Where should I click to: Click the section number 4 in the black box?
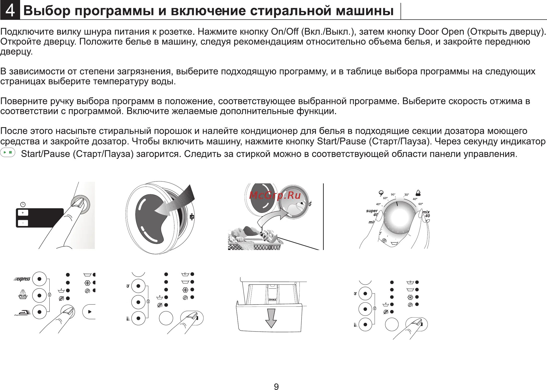[x=10, y=11]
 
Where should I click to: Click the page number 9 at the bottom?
[x=276, y=386]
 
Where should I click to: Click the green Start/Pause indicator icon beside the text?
[x=8, y=152]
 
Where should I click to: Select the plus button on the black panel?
[x=23, y=213]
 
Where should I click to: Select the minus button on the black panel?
[x=23, y=223]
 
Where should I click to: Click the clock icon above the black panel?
[x=23, y=204]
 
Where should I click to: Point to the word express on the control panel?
[x=23, y=279]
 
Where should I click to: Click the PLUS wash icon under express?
[x=23, y=294]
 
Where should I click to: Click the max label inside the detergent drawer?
[x=272, y=300]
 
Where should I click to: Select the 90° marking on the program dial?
[x=393, y=195]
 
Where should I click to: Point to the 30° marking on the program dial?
[x=407, y=195]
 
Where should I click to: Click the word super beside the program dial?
[x=372, y=211]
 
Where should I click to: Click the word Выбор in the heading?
[x=47, y=11]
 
